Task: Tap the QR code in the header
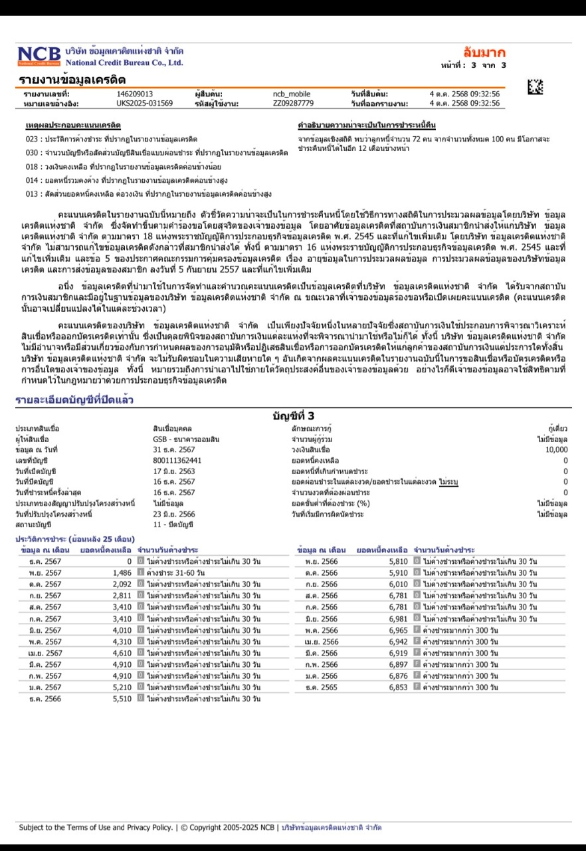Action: click(x=535, y=86)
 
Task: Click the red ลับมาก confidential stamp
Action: click(x=484, y=53)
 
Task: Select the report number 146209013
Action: click(x=134, y=94)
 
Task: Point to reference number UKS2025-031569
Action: click(x=144, y=104)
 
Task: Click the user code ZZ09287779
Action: click(x=293, y=104)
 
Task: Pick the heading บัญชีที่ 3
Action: click(x=293, y=416)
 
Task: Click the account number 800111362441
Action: click(x=177, y=460)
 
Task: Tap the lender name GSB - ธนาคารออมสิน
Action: click(x=186, y=439)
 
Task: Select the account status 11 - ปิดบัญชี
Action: click(x=173, y=525)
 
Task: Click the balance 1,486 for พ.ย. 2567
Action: click(x=122, y=572)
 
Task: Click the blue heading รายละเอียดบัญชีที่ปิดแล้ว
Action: click(x=74, y=400)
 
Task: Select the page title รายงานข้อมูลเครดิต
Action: click(x=72, y=80)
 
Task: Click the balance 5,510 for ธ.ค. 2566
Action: click(x=122, y=699)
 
